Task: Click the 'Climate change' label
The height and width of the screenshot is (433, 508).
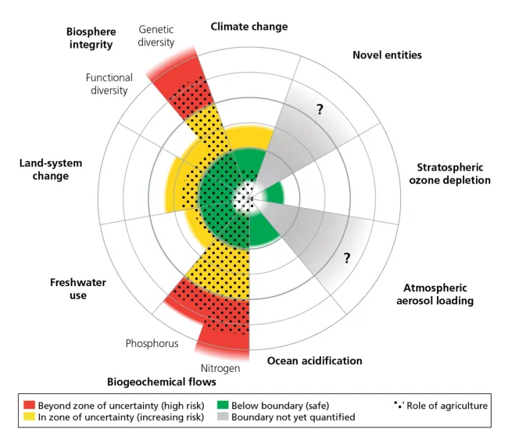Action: (249, 27)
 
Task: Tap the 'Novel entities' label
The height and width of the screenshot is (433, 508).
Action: (387, 55)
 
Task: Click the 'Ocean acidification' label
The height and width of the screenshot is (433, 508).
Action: (315, 361)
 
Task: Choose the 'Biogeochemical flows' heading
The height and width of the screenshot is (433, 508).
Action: (161, 382)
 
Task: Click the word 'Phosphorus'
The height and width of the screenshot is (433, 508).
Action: (152, 342)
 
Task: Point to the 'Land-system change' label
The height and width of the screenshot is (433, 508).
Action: (49, 170)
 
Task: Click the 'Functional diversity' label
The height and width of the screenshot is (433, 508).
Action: (109, 84)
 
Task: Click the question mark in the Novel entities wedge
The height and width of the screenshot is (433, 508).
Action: (320, 110)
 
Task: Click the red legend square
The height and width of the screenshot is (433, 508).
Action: (30, 405)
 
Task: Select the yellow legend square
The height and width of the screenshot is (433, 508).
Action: (30, 417)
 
